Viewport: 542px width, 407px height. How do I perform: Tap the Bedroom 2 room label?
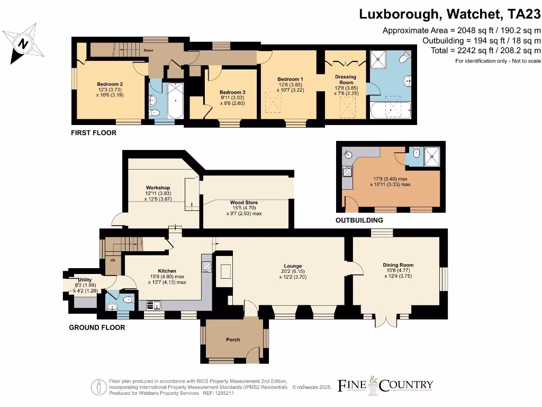(x=110, y=84)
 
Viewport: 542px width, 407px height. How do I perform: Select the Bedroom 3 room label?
(x=233, y=92)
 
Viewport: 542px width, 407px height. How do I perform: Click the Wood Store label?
(x=244, y=202)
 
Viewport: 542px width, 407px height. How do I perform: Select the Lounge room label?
(x=292, y=266)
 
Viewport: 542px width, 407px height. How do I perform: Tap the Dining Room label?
(x=398, y=265)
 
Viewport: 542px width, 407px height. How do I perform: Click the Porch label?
(x=233, y=340)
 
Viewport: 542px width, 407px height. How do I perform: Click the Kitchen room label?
(x=167, y=271)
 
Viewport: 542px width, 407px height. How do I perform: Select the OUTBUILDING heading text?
(x=359, y=220)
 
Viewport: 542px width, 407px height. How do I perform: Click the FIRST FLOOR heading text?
(x=94, y=132)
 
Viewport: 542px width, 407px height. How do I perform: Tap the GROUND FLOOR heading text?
(x=97, y=328)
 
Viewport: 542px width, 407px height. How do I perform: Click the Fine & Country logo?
(x=385, y=384)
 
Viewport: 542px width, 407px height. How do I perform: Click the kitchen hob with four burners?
(x=207, y=267)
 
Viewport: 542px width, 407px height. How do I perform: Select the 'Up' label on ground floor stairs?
(x=112, y=260)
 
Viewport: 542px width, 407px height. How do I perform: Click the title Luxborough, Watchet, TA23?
(x=450, y=14)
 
